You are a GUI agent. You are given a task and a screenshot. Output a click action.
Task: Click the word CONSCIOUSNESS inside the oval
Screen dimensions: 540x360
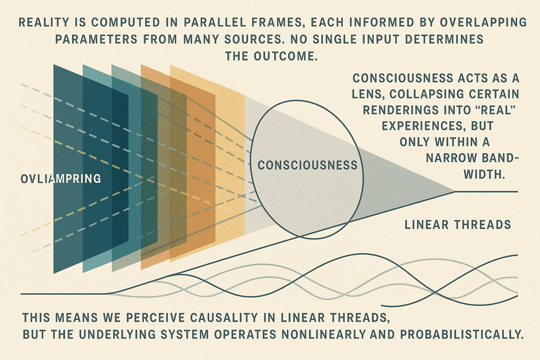[307, 165]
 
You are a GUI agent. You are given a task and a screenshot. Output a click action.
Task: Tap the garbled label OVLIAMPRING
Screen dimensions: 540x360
[61, 179]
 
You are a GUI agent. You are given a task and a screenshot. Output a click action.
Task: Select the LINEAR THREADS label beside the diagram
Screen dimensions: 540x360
[458, 225]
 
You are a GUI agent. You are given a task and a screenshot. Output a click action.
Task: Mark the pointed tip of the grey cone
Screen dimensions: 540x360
[455, 192]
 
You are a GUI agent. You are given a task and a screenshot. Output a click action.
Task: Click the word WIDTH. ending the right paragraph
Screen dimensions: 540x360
[484, 174]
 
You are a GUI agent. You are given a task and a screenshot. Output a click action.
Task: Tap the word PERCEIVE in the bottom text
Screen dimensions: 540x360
[155, 318]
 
